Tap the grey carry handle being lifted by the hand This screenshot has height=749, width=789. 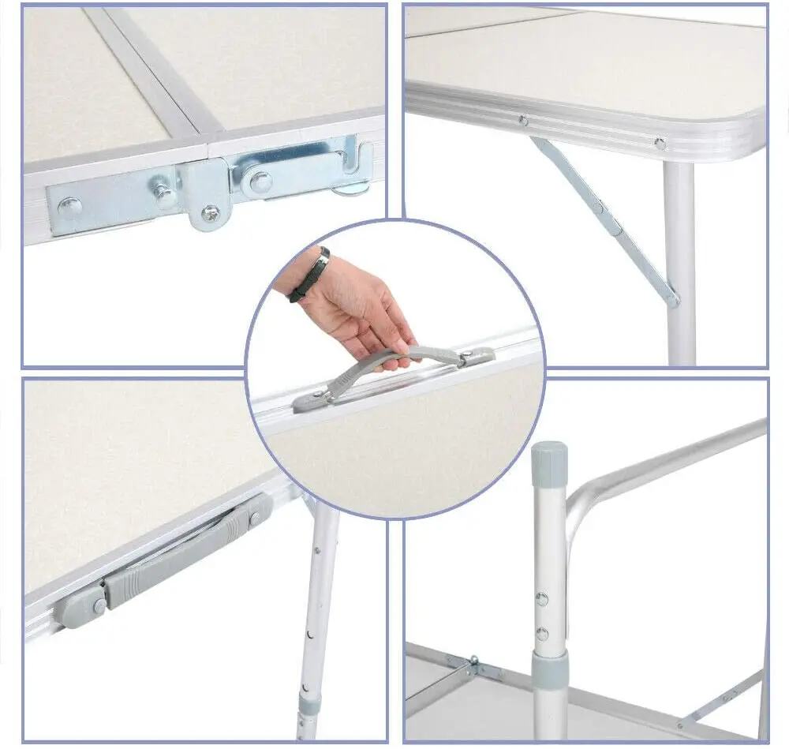[x=371, y=367]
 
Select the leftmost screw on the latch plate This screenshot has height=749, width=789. [x=69, y=208]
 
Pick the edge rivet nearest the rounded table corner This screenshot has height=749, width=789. [x=660, y=143]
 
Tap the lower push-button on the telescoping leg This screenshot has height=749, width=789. [x=541, y=634]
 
